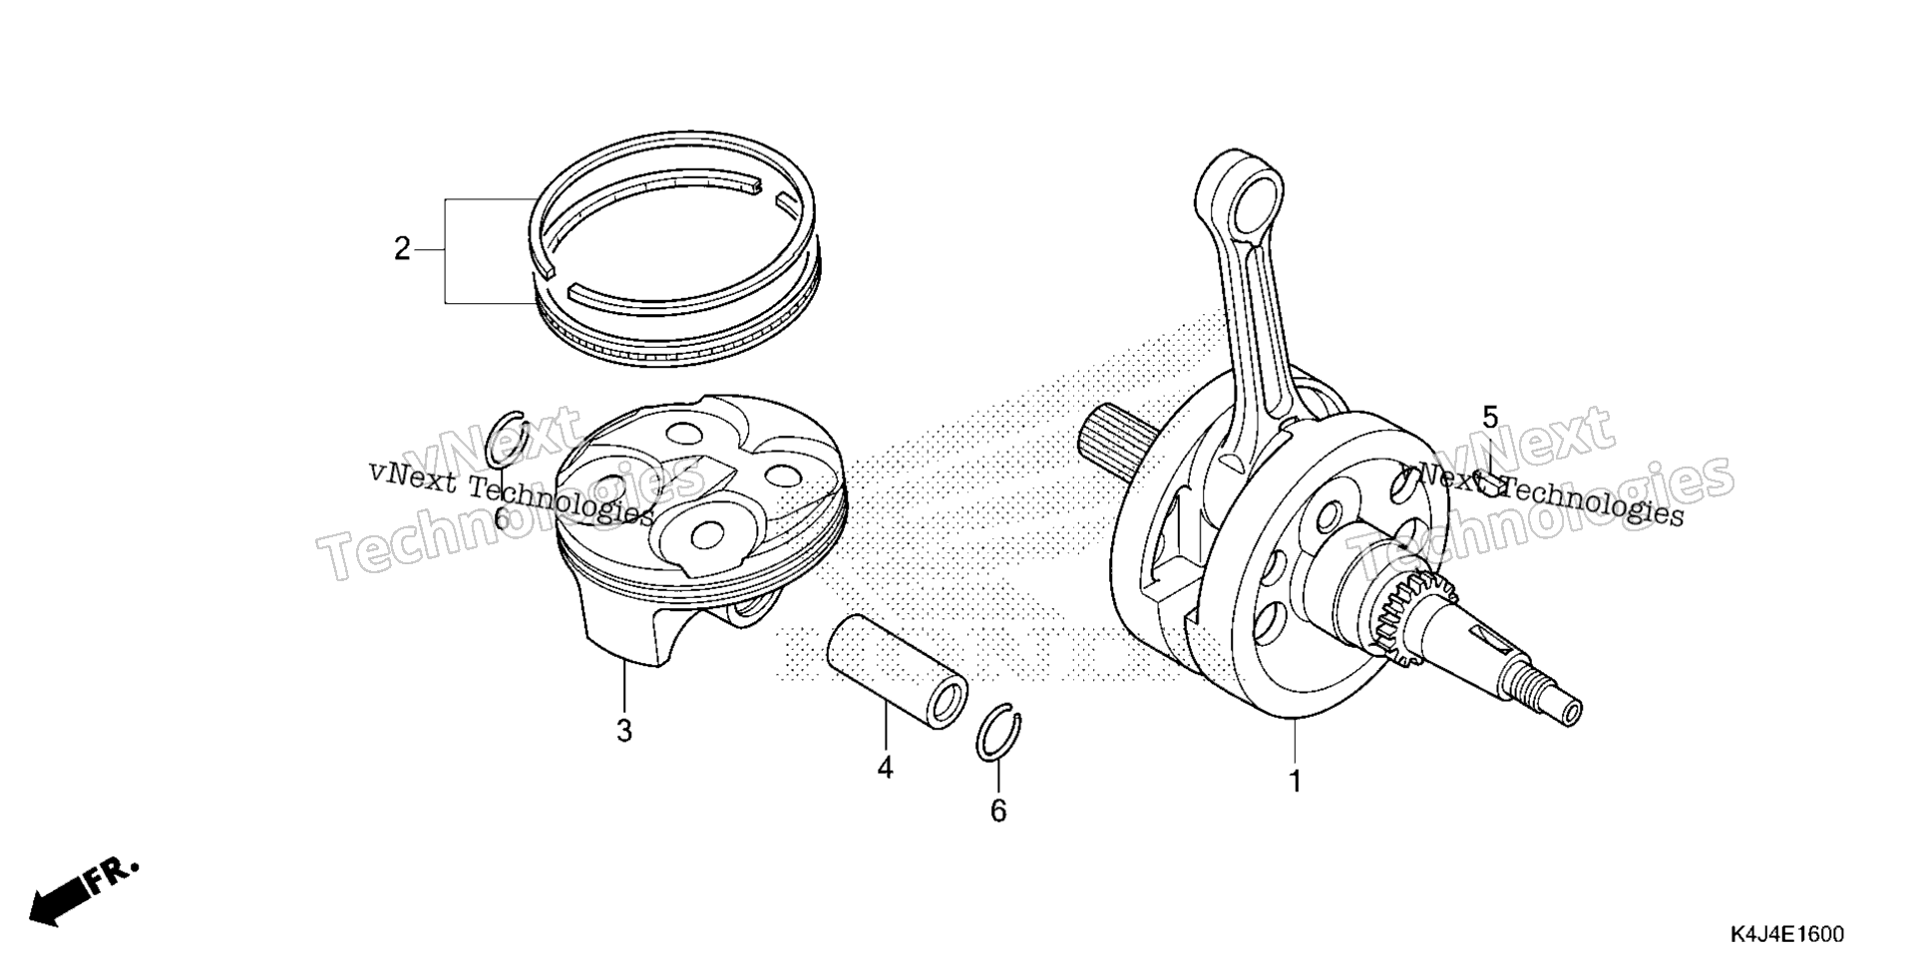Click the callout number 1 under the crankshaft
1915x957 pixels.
click(1295, 782)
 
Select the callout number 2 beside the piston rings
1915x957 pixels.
click(402, 249)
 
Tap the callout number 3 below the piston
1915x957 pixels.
click(624, 732)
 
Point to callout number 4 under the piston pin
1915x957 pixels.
click(886, 768)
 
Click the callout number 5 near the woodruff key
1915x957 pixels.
click(1490, 418)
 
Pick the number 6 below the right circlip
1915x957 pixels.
click(998, 811)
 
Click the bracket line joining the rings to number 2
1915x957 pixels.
click(445, 249)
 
